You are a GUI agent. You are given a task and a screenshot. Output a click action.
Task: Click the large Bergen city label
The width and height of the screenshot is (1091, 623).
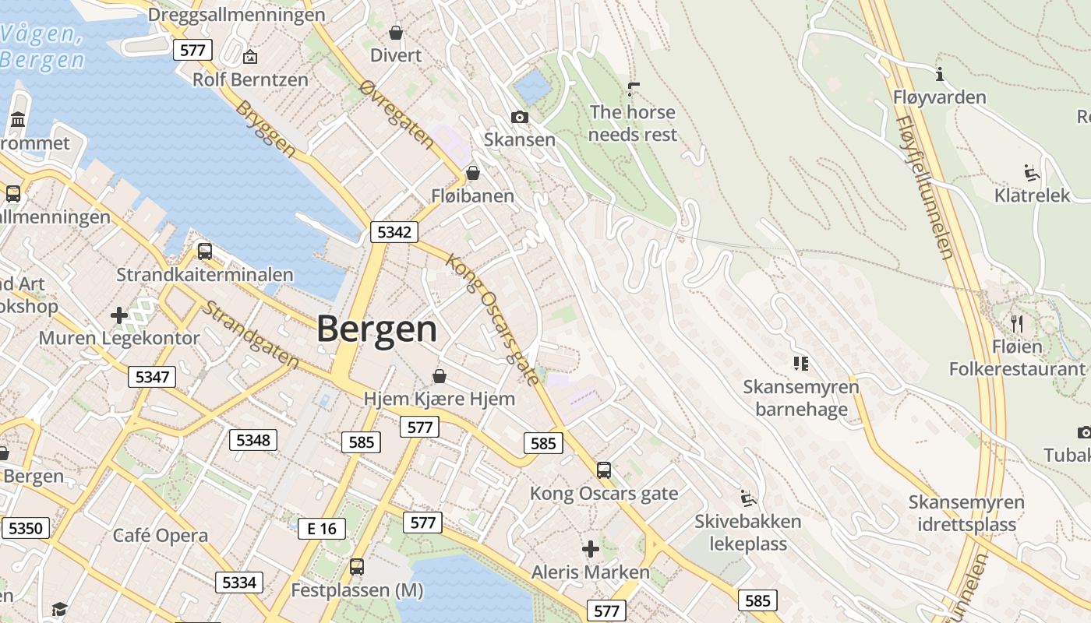coord(376,329)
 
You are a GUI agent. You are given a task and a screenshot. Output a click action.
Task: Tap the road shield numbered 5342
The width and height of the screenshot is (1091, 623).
coord(395,232)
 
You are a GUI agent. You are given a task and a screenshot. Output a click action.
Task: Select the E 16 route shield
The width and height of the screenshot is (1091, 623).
coord(321,529)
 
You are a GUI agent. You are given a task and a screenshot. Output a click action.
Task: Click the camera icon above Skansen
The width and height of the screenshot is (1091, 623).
coord(519,118)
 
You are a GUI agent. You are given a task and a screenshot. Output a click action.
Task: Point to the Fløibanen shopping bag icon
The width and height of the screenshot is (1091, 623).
coord(472,173)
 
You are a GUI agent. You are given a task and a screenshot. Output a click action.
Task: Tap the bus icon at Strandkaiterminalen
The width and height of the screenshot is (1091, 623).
coord(204,252)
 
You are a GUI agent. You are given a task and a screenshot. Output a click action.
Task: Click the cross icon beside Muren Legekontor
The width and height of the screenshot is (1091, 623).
coord(119,315)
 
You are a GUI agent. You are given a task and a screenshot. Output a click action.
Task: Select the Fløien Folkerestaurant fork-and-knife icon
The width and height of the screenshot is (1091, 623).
coord(1016,323)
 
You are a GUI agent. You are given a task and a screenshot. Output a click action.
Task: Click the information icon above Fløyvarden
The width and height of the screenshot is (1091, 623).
coord(940,75)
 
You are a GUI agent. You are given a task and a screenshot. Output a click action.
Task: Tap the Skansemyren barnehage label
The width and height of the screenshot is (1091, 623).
coord(801,398)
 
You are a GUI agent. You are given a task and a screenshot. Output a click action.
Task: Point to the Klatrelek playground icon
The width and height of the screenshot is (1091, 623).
coord(1032,172)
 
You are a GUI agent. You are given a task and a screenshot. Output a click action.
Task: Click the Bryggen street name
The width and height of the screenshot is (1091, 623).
coord(266,129)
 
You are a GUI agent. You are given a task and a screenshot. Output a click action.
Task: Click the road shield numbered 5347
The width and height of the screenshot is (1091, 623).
coord(152,378)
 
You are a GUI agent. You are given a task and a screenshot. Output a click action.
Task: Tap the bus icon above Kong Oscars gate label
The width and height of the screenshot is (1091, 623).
coord(603,470)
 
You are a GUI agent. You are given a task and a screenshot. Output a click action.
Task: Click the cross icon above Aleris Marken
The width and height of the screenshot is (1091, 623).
coord(591,549)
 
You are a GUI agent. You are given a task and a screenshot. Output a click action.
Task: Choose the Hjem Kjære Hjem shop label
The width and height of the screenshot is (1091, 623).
coord(440,399)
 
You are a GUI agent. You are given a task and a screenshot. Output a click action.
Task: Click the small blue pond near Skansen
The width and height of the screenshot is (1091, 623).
coord(533,86)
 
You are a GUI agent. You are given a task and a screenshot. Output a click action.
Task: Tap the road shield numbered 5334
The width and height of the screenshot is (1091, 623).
coord(239,583)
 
